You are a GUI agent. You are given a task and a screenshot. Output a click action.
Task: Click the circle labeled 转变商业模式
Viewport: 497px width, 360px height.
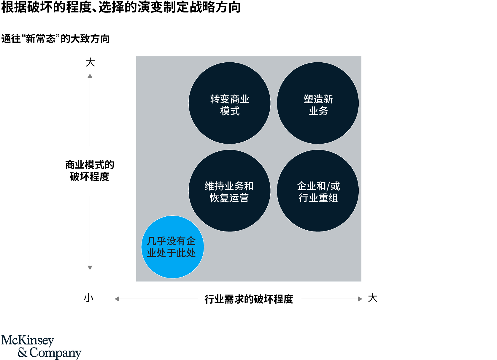point(230,103)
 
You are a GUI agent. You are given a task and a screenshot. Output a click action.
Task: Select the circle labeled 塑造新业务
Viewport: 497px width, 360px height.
point(318,103)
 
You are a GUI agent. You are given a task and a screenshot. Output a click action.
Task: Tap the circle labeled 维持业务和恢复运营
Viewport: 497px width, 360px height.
point(230,191)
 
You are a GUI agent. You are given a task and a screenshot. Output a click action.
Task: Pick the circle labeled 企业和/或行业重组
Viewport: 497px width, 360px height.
point(318,191)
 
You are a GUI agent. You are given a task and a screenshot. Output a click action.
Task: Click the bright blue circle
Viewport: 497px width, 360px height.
point(173,247)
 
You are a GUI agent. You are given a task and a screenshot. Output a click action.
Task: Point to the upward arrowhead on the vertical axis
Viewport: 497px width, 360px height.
point(90,76)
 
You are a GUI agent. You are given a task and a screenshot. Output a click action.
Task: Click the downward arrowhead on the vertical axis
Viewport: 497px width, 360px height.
point(90,268)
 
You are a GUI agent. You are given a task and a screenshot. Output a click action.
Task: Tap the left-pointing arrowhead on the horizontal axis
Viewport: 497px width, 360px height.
point(117,299)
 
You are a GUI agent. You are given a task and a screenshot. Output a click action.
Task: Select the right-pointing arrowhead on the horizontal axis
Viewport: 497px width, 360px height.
point(360,299)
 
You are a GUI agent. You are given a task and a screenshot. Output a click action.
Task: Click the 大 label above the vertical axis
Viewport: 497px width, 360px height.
point(90,62)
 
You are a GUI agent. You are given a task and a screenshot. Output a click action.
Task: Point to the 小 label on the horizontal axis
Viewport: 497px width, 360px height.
point(89,298)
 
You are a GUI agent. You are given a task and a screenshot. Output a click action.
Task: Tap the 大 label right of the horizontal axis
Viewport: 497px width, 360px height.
point(373,298)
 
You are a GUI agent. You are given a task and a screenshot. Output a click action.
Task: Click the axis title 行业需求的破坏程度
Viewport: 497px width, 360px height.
point(249,299)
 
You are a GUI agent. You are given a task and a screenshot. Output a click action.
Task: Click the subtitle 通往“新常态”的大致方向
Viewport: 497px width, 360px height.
point(55,39)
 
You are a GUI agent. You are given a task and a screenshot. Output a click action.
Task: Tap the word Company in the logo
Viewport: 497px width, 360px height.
point(55,353)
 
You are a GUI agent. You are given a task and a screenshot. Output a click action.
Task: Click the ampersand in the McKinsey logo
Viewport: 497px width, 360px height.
point(23,353)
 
